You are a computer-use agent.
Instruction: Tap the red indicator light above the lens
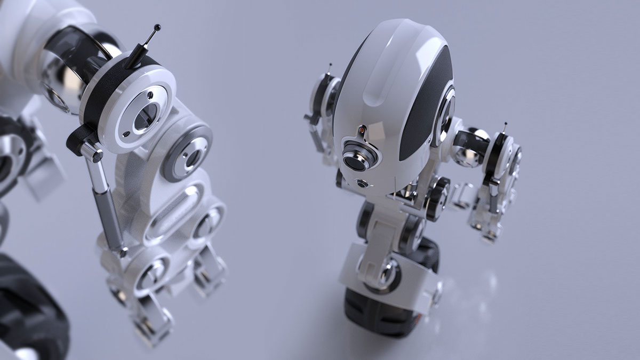point(362,130)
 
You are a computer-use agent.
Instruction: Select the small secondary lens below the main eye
point(362,184)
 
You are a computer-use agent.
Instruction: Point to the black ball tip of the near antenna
point(157,27)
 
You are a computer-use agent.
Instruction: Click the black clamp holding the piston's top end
point(80,140)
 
